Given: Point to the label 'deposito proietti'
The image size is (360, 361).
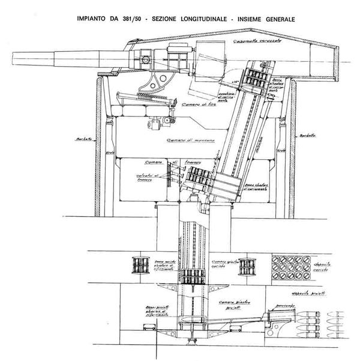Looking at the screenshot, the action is (x=311, y=293).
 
